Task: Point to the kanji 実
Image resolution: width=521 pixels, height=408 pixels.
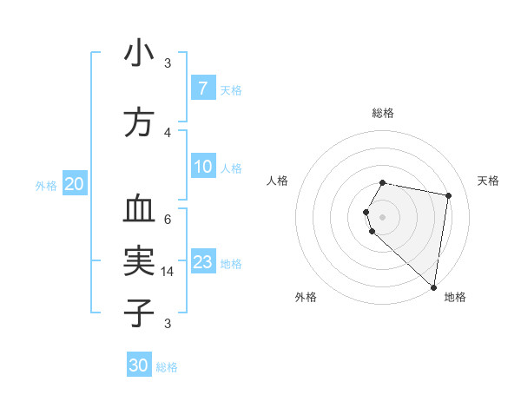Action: click(139, 260)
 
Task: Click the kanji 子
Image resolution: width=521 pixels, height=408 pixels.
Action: click(139, 313)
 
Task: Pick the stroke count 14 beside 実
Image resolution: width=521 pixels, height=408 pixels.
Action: click(168, 272)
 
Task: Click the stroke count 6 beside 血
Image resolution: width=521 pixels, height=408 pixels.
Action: click(168, 219)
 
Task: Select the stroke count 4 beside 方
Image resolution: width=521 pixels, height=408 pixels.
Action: click(168, 132)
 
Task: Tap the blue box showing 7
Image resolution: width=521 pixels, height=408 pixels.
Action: click(202, 88)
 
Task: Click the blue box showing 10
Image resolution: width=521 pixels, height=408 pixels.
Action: click(203, 167)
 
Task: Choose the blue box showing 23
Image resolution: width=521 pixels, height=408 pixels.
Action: click(203, 262)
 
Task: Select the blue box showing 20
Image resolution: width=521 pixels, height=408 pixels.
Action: click(75, 183)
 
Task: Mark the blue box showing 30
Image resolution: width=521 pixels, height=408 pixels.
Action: click(139, 365)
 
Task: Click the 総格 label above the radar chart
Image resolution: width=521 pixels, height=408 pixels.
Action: click(383, 113)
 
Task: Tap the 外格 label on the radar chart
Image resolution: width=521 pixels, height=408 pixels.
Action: click(306, 297)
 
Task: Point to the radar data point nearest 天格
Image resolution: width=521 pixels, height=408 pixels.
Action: click(449, 196)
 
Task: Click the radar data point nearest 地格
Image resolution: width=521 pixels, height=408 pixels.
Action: click(433, 286)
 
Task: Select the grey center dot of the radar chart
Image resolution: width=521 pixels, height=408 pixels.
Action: click(383, 215)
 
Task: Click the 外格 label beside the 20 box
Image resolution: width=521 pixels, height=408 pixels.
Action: click(46, 185)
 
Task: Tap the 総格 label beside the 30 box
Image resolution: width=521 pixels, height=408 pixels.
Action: click(167, 367)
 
